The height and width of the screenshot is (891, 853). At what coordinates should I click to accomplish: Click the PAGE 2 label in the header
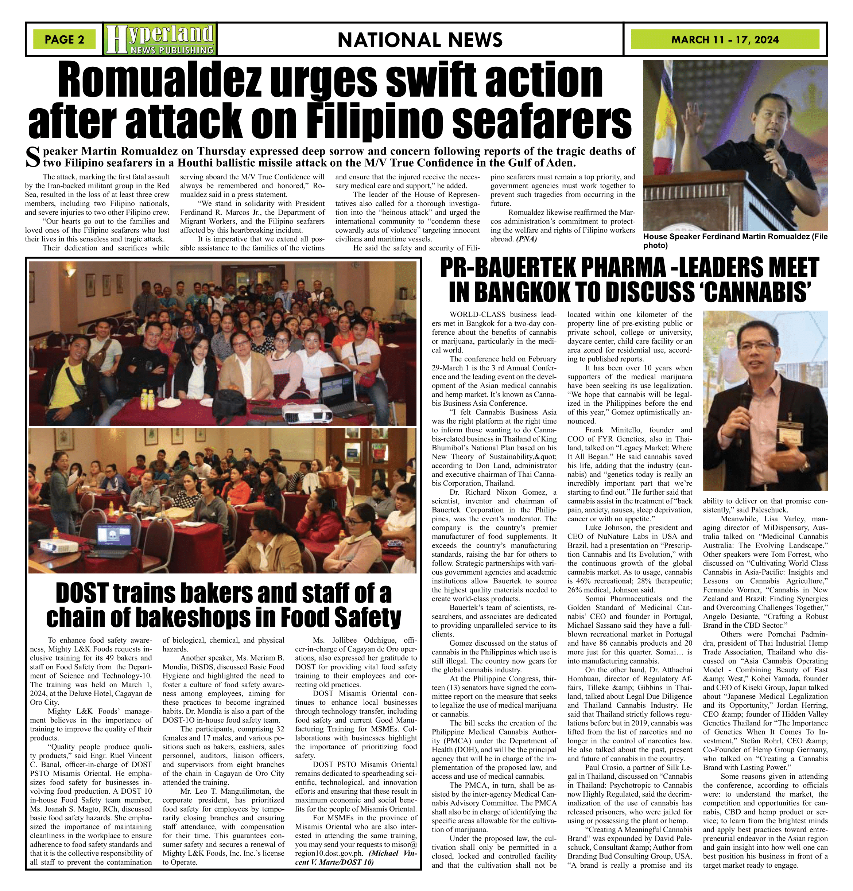point(64,39)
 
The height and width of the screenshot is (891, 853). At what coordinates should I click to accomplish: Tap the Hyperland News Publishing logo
point(160,39)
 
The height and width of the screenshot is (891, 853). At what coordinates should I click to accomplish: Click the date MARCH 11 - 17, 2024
point(725,39)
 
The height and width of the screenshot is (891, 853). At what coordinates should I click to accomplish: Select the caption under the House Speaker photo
point(735,241)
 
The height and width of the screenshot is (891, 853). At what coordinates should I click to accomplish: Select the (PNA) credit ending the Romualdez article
point(527,239)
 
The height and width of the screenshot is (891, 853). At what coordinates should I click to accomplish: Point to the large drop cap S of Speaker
point(33,157)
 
